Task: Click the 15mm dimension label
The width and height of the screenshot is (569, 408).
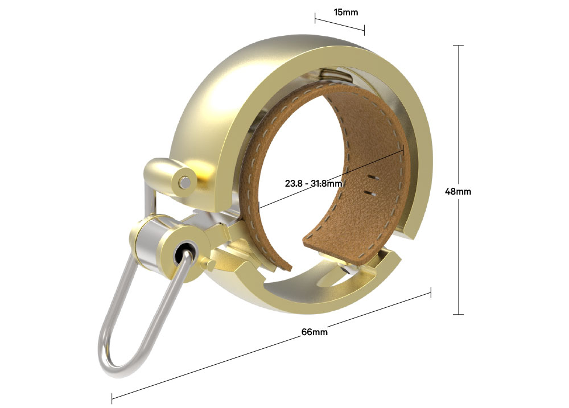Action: [346, 13]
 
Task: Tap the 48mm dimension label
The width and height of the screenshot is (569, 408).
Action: [458, 191]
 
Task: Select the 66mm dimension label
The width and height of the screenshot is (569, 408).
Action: [314, 332]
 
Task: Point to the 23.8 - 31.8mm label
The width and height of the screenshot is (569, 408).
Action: [314, 183]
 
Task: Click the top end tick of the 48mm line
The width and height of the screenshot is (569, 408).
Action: [458, 46]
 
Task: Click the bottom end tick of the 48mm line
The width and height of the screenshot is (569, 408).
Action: [458, 314]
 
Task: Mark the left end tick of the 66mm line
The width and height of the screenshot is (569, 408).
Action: [112, 398]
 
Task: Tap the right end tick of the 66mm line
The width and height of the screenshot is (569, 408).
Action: [431, 293]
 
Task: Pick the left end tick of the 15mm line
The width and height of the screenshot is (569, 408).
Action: [315, 18]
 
